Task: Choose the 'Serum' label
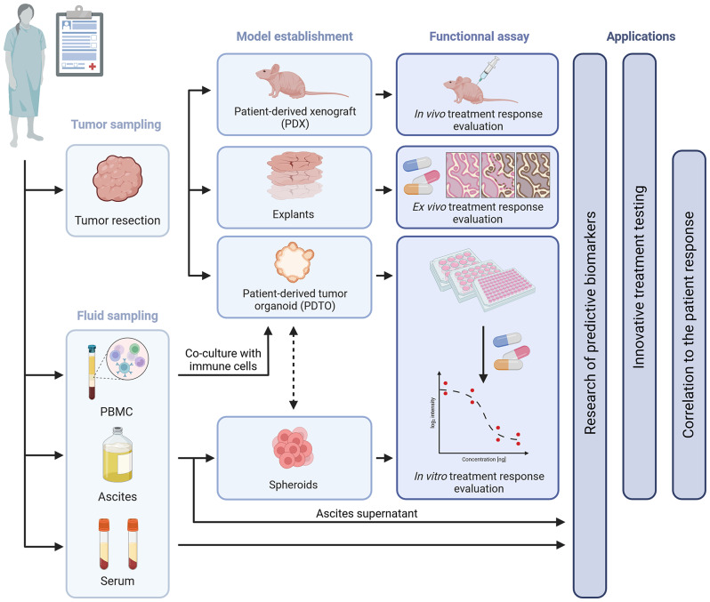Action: [117, 579]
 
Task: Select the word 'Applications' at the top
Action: [641, 36]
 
